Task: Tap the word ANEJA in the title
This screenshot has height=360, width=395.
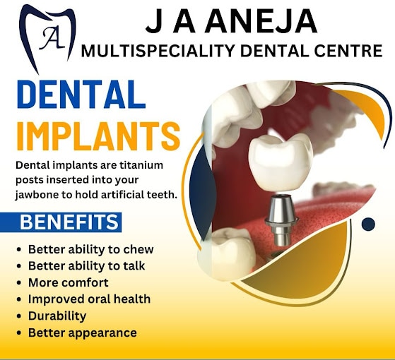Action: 261,21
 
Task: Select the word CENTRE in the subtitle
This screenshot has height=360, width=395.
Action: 348,51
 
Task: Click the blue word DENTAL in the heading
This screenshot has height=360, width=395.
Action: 81,94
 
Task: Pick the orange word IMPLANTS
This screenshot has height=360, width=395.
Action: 98,136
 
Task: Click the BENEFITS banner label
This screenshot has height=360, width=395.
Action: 69,222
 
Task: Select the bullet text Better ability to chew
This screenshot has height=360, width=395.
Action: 90,249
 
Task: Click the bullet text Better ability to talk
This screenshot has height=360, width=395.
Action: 86,266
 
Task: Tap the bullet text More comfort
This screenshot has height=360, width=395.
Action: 69,282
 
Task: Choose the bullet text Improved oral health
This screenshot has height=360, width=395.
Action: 89,299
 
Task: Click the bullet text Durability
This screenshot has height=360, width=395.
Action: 57,316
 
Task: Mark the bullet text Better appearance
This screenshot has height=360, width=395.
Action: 83,333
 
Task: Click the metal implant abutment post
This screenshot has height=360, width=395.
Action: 281,220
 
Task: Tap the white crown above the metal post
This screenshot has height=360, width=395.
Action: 281,162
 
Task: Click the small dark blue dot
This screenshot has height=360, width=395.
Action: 368,224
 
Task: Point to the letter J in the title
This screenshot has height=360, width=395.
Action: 155,22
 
